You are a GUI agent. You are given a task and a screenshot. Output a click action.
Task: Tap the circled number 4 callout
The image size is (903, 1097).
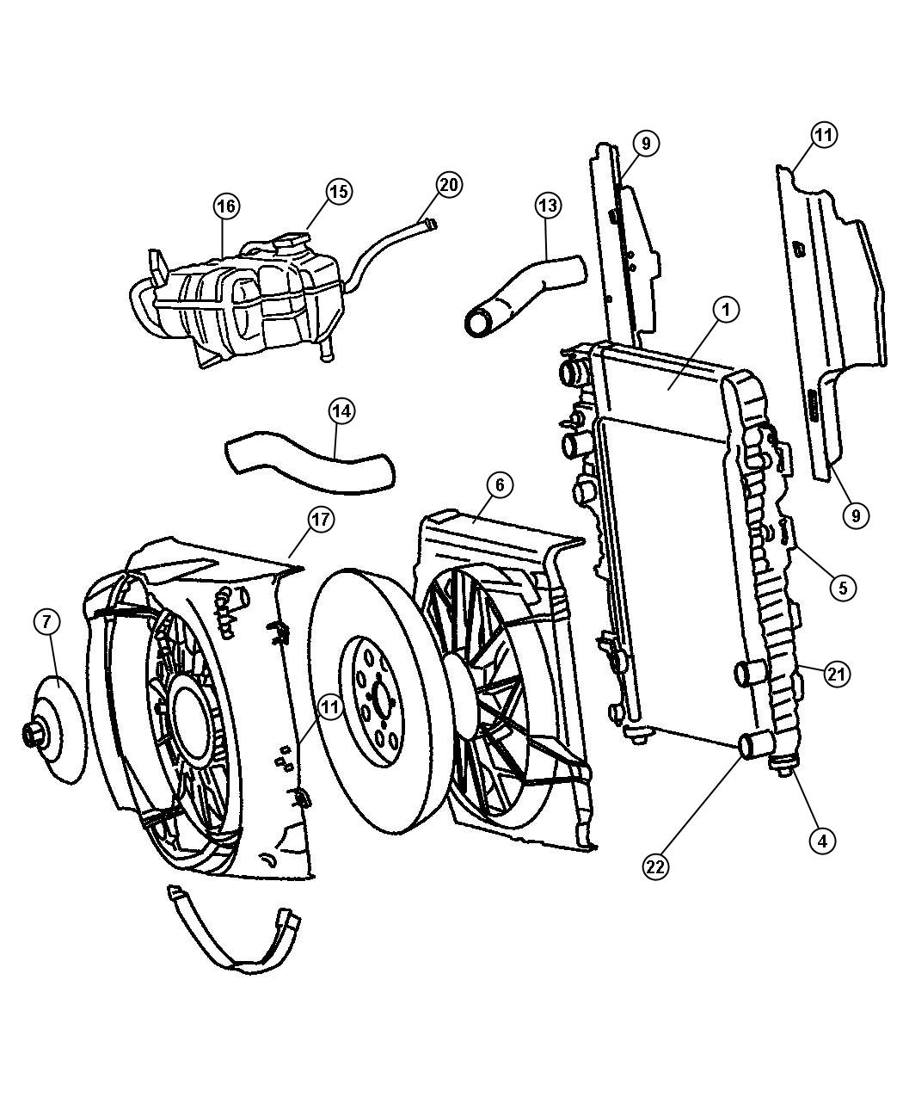point(821,840)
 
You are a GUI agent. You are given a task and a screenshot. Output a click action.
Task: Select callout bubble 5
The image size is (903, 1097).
point(842,588)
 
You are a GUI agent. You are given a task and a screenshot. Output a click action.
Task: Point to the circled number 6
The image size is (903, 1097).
point(499,485)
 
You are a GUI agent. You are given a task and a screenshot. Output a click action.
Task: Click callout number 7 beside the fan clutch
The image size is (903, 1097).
point(47,621)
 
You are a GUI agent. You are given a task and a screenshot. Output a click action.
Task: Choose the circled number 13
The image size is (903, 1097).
point(547,206)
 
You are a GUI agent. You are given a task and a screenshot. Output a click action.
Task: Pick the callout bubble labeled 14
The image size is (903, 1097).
point(341,411)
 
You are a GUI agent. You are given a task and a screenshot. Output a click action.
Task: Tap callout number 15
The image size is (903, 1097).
point(339,191)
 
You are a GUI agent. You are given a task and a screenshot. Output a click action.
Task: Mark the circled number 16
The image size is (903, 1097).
point(226,206)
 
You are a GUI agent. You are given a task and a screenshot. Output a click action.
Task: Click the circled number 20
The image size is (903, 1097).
point(449,184)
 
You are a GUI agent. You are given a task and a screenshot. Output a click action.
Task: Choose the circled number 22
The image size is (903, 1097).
point(655,867)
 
